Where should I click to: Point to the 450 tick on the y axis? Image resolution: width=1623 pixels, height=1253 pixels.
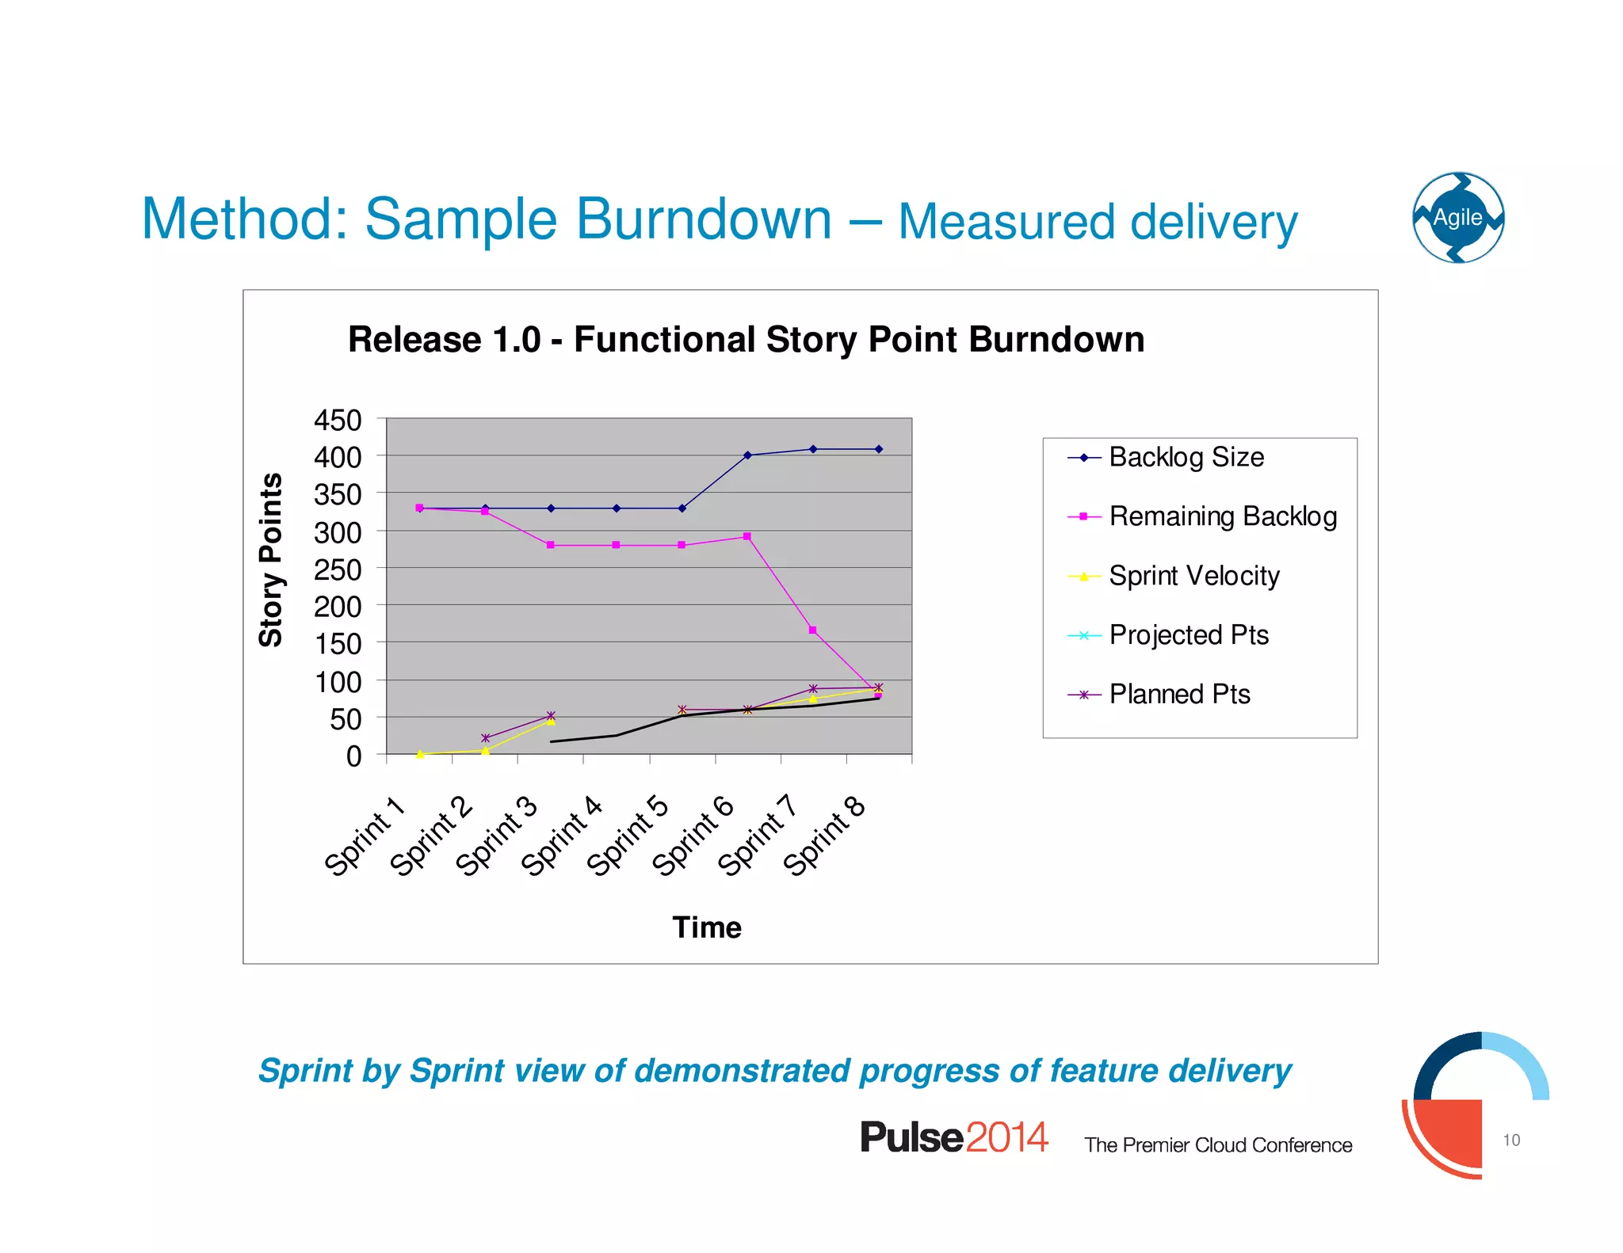[x=338, y=420]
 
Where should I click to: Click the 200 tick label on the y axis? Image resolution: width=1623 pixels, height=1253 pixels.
[x=338, y=607]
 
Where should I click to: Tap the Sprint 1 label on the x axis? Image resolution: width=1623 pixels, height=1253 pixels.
[x=365, y=836]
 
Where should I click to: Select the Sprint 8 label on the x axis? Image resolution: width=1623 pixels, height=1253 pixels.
[x=824, y=836]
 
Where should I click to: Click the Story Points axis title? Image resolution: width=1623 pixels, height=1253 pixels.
[x=271, y=560]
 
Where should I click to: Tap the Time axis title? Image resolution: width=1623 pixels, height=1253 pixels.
[x=707, y=927]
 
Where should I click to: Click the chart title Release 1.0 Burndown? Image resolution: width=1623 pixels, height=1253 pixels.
[x=746, y=340]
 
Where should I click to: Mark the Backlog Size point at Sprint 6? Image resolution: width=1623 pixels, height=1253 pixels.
[x=747, y=455]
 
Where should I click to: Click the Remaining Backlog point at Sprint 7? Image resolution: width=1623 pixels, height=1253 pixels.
[x=813, y=630]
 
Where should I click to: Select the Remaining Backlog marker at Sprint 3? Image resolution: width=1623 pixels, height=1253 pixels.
[x=551, y=545]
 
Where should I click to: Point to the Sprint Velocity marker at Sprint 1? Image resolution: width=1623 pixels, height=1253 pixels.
[x=420, y=754]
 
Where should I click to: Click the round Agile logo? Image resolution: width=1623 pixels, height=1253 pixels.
[x=1458, y=218]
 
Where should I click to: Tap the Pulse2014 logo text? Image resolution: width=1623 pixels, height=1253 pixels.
[x=954, y=1137]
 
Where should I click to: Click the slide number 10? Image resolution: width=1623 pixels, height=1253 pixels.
[x=1511, y=1140]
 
